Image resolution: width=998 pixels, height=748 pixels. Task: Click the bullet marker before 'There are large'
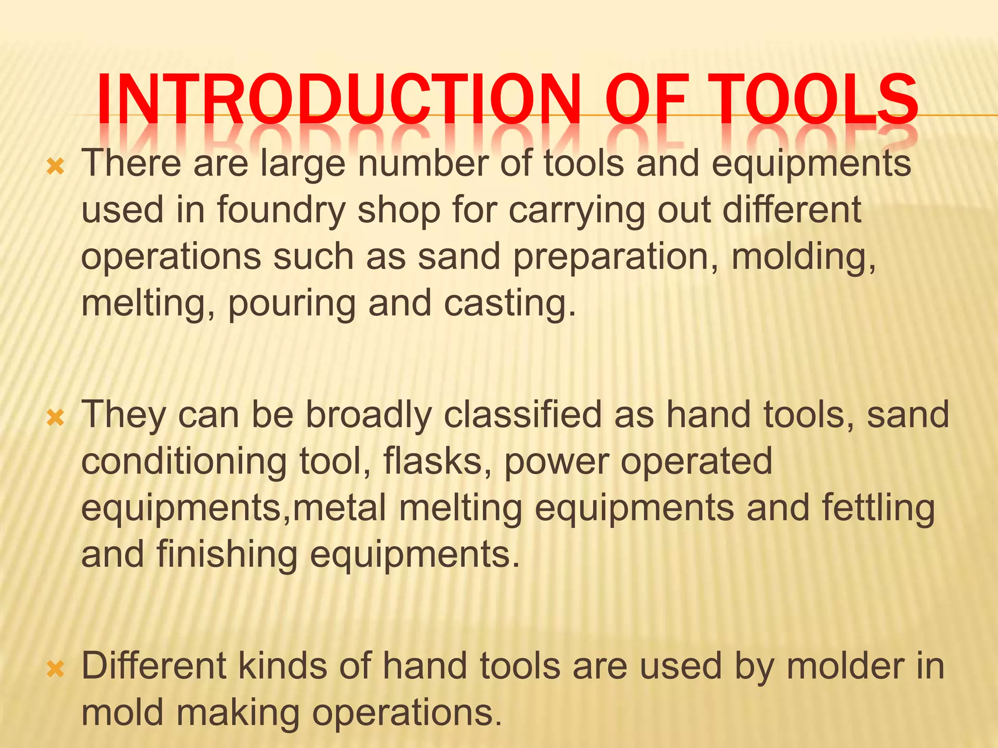pyautogui.click(x=56, y=167)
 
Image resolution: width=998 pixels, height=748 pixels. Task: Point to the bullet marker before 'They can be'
pyautogui.click(x=56, y=418)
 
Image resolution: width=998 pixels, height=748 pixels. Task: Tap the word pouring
pyautogui.click(x=291, y=303)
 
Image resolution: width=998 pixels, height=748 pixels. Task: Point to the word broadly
pyautogui.click(x=368, y=415)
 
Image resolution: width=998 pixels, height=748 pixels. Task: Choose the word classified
pyautogui.click(x=523, y=415)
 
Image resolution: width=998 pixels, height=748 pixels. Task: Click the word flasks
pyautogui.click(x=437, y=461)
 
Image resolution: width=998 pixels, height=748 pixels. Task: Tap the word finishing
pyautogui.click(x=227, y=555)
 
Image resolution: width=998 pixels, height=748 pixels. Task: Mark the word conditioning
pyautogui.click(x=184, y=461)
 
